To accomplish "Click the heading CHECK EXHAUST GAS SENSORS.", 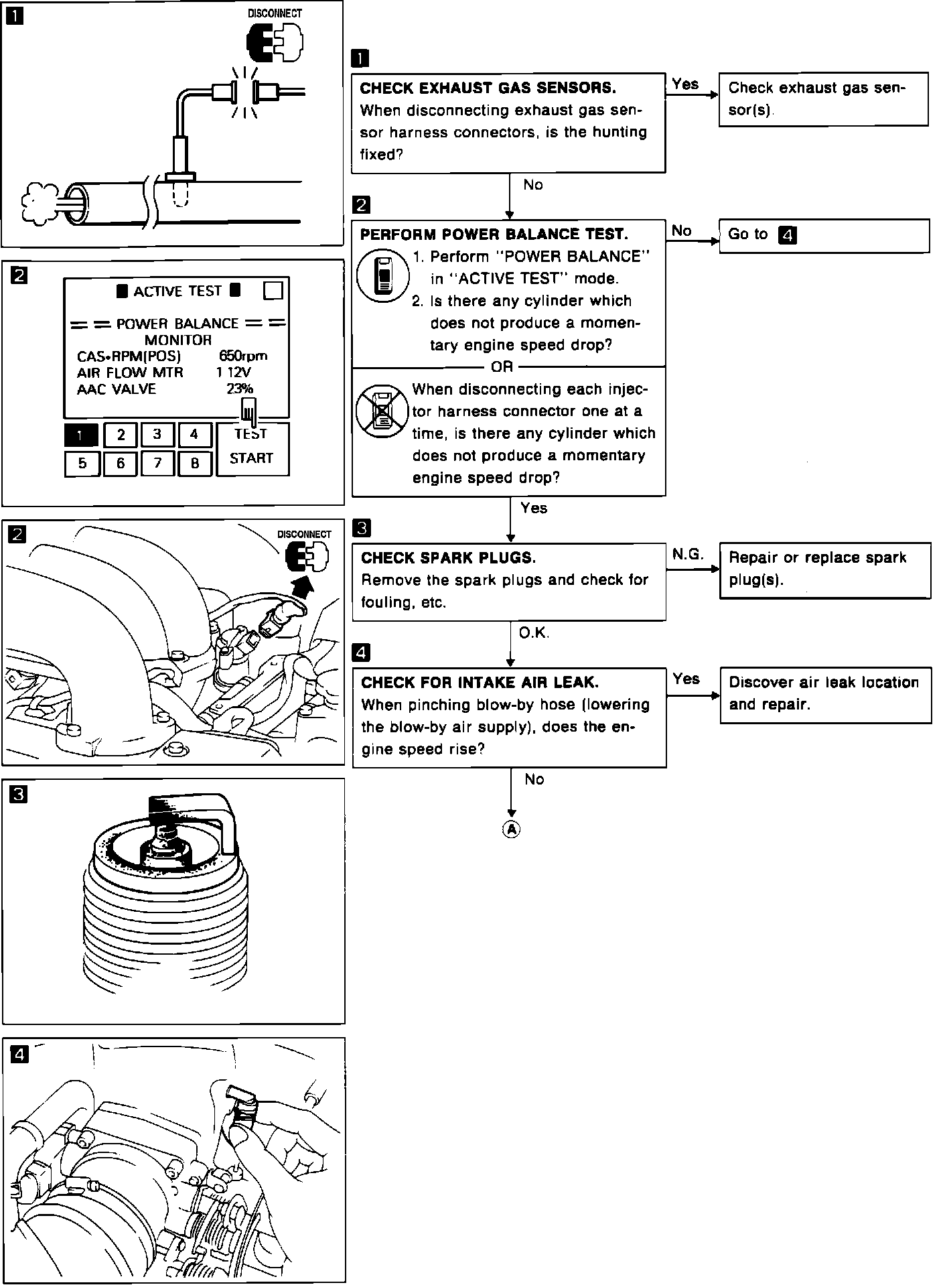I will [x=488, y=88].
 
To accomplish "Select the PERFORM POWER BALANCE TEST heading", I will [x=494, y=234].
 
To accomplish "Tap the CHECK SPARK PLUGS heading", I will [x=448, y=558].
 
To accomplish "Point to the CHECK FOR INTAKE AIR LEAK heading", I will [x=480, y=683].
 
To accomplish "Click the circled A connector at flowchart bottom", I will [x=511, y=829].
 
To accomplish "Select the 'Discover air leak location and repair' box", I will [x=825, y=695].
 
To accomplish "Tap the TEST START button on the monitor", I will [x=252, y=448].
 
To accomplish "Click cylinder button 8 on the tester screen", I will [x=195, y=463].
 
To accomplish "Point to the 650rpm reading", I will [x=242, y=356].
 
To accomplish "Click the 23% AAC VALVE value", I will [x=240, y=389].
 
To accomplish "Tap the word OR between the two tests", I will [x=502, y=366].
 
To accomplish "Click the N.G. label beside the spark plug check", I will [x=687, y=554].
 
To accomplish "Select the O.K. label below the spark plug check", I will [x=534, y=632].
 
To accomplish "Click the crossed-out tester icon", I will [x=381, y=410].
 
